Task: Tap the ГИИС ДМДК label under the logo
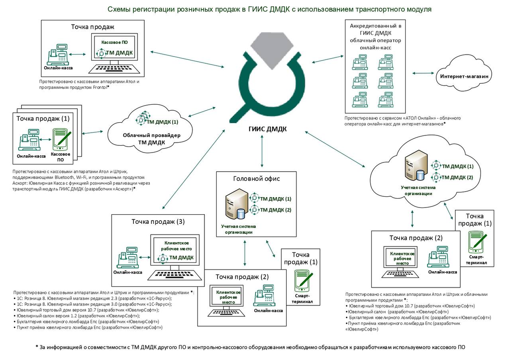(x=267, y=129)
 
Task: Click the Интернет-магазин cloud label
(x=464, y=76)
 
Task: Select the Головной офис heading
(x=256, y=179)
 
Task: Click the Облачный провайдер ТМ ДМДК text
(x=152, y=139)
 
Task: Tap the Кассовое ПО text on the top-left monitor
(x=114, y=42)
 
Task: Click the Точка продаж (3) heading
(x=158, y=222)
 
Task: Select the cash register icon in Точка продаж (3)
(x=128, y=258)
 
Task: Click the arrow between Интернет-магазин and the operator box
(x=423, y=73)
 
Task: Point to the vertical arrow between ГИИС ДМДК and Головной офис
(x=262, y=151)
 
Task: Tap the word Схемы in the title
(x=119, y=9)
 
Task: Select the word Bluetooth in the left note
(x=63, y=177)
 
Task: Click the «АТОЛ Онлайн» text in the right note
(x=420, y=118)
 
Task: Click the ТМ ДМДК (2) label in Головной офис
(x=275, y=210)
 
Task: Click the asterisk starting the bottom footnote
(x=37, y=346)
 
